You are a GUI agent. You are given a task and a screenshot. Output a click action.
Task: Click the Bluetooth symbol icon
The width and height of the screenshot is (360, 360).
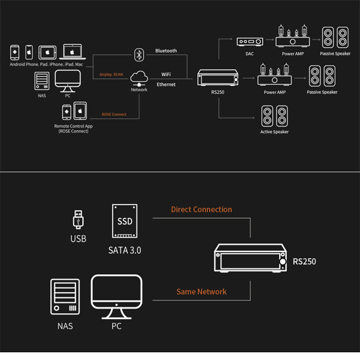coord(139,55)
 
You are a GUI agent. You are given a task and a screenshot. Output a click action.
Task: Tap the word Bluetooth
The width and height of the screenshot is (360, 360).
coord(166,51)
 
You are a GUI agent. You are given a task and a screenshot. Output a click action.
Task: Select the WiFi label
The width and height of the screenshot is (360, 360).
coord(166,74)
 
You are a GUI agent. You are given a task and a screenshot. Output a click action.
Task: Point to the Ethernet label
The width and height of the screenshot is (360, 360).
coord(166,85)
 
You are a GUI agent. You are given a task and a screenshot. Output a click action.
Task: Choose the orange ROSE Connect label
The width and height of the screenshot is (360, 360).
coord(113,114)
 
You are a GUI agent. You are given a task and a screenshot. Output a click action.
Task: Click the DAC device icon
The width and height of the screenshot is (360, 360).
coord(250,41)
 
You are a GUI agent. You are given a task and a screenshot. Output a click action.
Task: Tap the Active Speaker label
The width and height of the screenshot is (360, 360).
coord(274,132)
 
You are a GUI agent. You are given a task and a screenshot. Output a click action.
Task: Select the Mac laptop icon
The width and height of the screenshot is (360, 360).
coord(71,52)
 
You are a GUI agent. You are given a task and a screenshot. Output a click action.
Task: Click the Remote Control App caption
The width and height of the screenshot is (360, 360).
coord(73,127)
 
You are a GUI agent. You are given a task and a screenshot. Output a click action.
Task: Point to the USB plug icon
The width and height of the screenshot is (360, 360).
coord(78,218)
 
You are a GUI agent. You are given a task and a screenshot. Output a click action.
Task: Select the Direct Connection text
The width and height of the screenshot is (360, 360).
coord(201,209)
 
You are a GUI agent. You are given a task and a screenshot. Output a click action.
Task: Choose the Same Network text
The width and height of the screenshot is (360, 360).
coord(201,292)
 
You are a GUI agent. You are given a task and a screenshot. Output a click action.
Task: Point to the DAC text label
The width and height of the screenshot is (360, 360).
coord(250,54)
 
